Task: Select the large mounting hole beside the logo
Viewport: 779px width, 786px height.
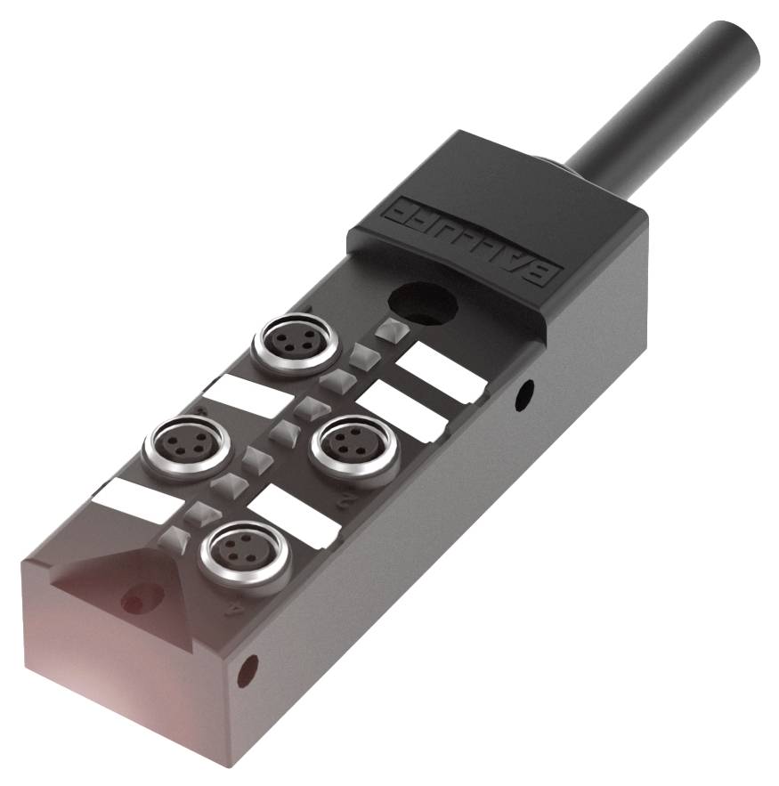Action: coord(424,303)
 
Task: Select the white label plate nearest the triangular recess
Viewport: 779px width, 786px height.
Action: coord(136,501)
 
